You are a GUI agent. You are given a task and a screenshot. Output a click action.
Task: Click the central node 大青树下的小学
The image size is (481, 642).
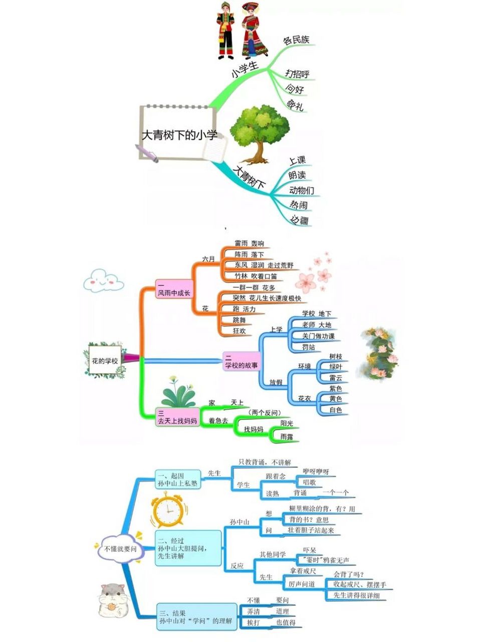[x=179, y=134]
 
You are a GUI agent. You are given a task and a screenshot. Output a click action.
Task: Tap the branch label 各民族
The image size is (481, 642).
[x=296, y=40]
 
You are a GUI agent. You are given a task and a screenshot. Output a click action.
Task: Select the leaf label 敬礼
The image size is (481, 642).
[x=295, y=105]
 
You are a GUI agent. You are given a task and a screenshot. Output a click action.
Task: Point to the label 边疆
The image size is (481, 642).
[x=300, y=220]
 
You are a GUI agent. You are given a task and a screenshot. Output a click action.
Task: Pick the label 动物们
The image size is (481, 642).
[x=302, y=190]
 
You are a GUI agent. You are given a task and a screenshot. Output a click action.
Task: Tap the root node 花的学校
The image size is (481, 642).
[x=105, y=360]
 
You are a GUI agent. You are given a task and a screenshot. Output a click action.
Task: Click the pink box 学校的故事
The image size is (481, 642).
[x=242, y=362]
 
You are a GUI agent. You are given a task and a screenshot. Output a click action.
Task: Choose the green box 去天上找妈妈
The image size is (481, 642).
[x=177, y=418]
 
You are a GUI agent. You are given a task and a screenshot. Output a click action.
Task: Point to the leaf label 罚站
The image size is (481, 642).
[x=309, y=347]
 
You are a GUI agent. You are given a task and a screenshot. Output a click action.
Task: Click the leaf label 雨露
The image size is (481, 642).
[x=287, y=437]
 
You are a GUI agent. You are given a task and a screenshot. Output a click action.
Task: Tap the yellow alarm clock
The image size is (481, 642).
[x=167, y=511]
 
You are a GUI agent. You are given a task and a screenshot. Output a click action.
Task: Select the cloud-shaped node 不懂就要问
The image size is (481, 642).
[x=120, y=549]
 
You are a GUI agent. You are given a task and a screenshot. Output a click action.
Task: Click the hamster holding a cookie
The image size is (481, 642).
[x=113, y=601]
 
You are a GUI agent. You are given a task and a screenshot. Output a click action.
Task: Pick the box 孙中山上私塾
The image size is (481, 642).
[x=177, y=479]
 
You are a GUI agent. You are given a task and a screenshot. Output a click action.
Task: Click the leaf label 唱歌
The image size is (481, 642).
[x=310, y=483]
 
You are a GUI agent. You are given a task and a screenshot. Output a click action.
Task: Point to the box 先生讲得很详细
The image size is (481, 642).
[x=357, y=595]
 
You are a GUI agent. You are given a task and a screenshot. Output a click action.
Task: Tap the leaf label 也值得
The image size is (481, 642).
[x=286, y=622]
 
